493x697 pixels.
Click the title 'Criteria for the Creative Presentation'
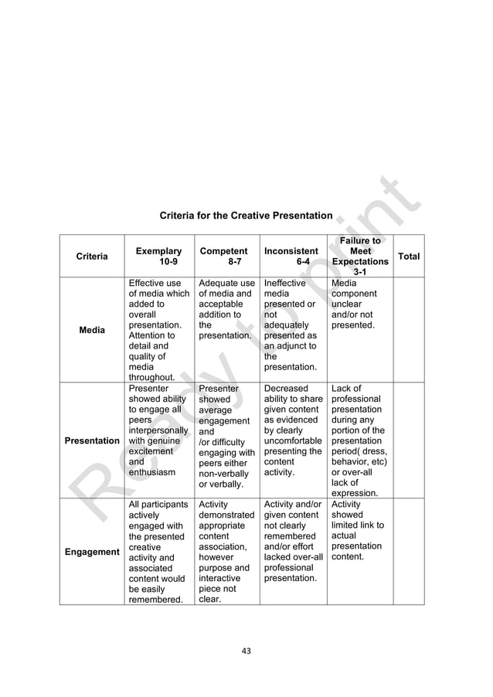246,216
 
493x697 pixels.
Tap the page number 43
246,651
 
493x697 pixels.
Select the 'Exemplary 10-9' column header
158,257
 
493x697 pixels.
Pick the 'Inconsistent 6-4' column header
291,257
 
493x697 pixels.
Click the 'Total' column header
409,256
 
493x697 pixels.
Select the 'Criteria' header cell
92,257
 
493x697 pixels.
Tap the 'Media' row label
92,330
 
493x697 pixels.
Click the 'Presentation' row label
92,440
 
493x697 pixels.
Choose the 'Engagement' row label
92,552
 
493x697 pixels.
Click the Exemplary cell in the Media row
158,330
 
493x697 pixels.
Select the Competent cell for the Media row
226,310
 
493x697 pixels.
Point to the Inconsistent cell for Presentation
293,430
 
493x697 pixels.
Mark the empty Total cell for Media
409,330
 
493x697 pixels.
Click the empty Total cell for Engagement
409,552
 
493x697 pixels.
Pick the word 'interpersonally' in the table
158,430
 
